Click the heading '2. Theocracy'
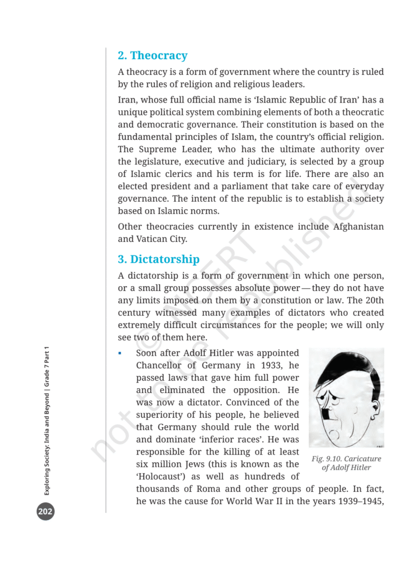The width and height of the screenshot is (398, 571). coord(153,56)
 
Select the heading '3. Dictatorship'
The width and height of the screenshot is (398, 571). coord(159,259)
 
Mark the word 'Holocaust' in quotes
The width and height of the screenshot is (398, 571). coord(160,476)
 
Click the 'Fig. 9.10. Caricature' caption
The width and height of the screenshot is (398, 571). coord(346,459)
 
